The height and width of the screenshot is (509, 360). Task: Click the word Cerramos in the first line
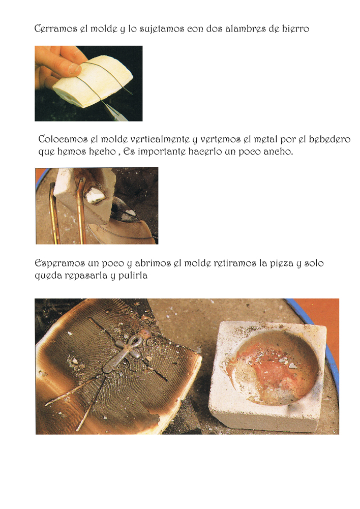tap(56, 28)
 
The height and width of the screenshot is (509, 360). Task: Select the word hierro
tap(295, 28)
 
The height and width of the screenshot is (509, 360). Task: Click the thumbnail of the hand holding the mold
tap(88, 83)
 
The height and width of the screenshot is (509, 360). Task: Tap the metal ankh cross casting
tap(123, 354)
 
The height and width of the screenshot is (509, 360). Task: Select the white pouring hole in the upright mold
tap(95, 195)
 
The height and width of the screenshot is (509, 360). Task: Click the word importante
tap(161, 152)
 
